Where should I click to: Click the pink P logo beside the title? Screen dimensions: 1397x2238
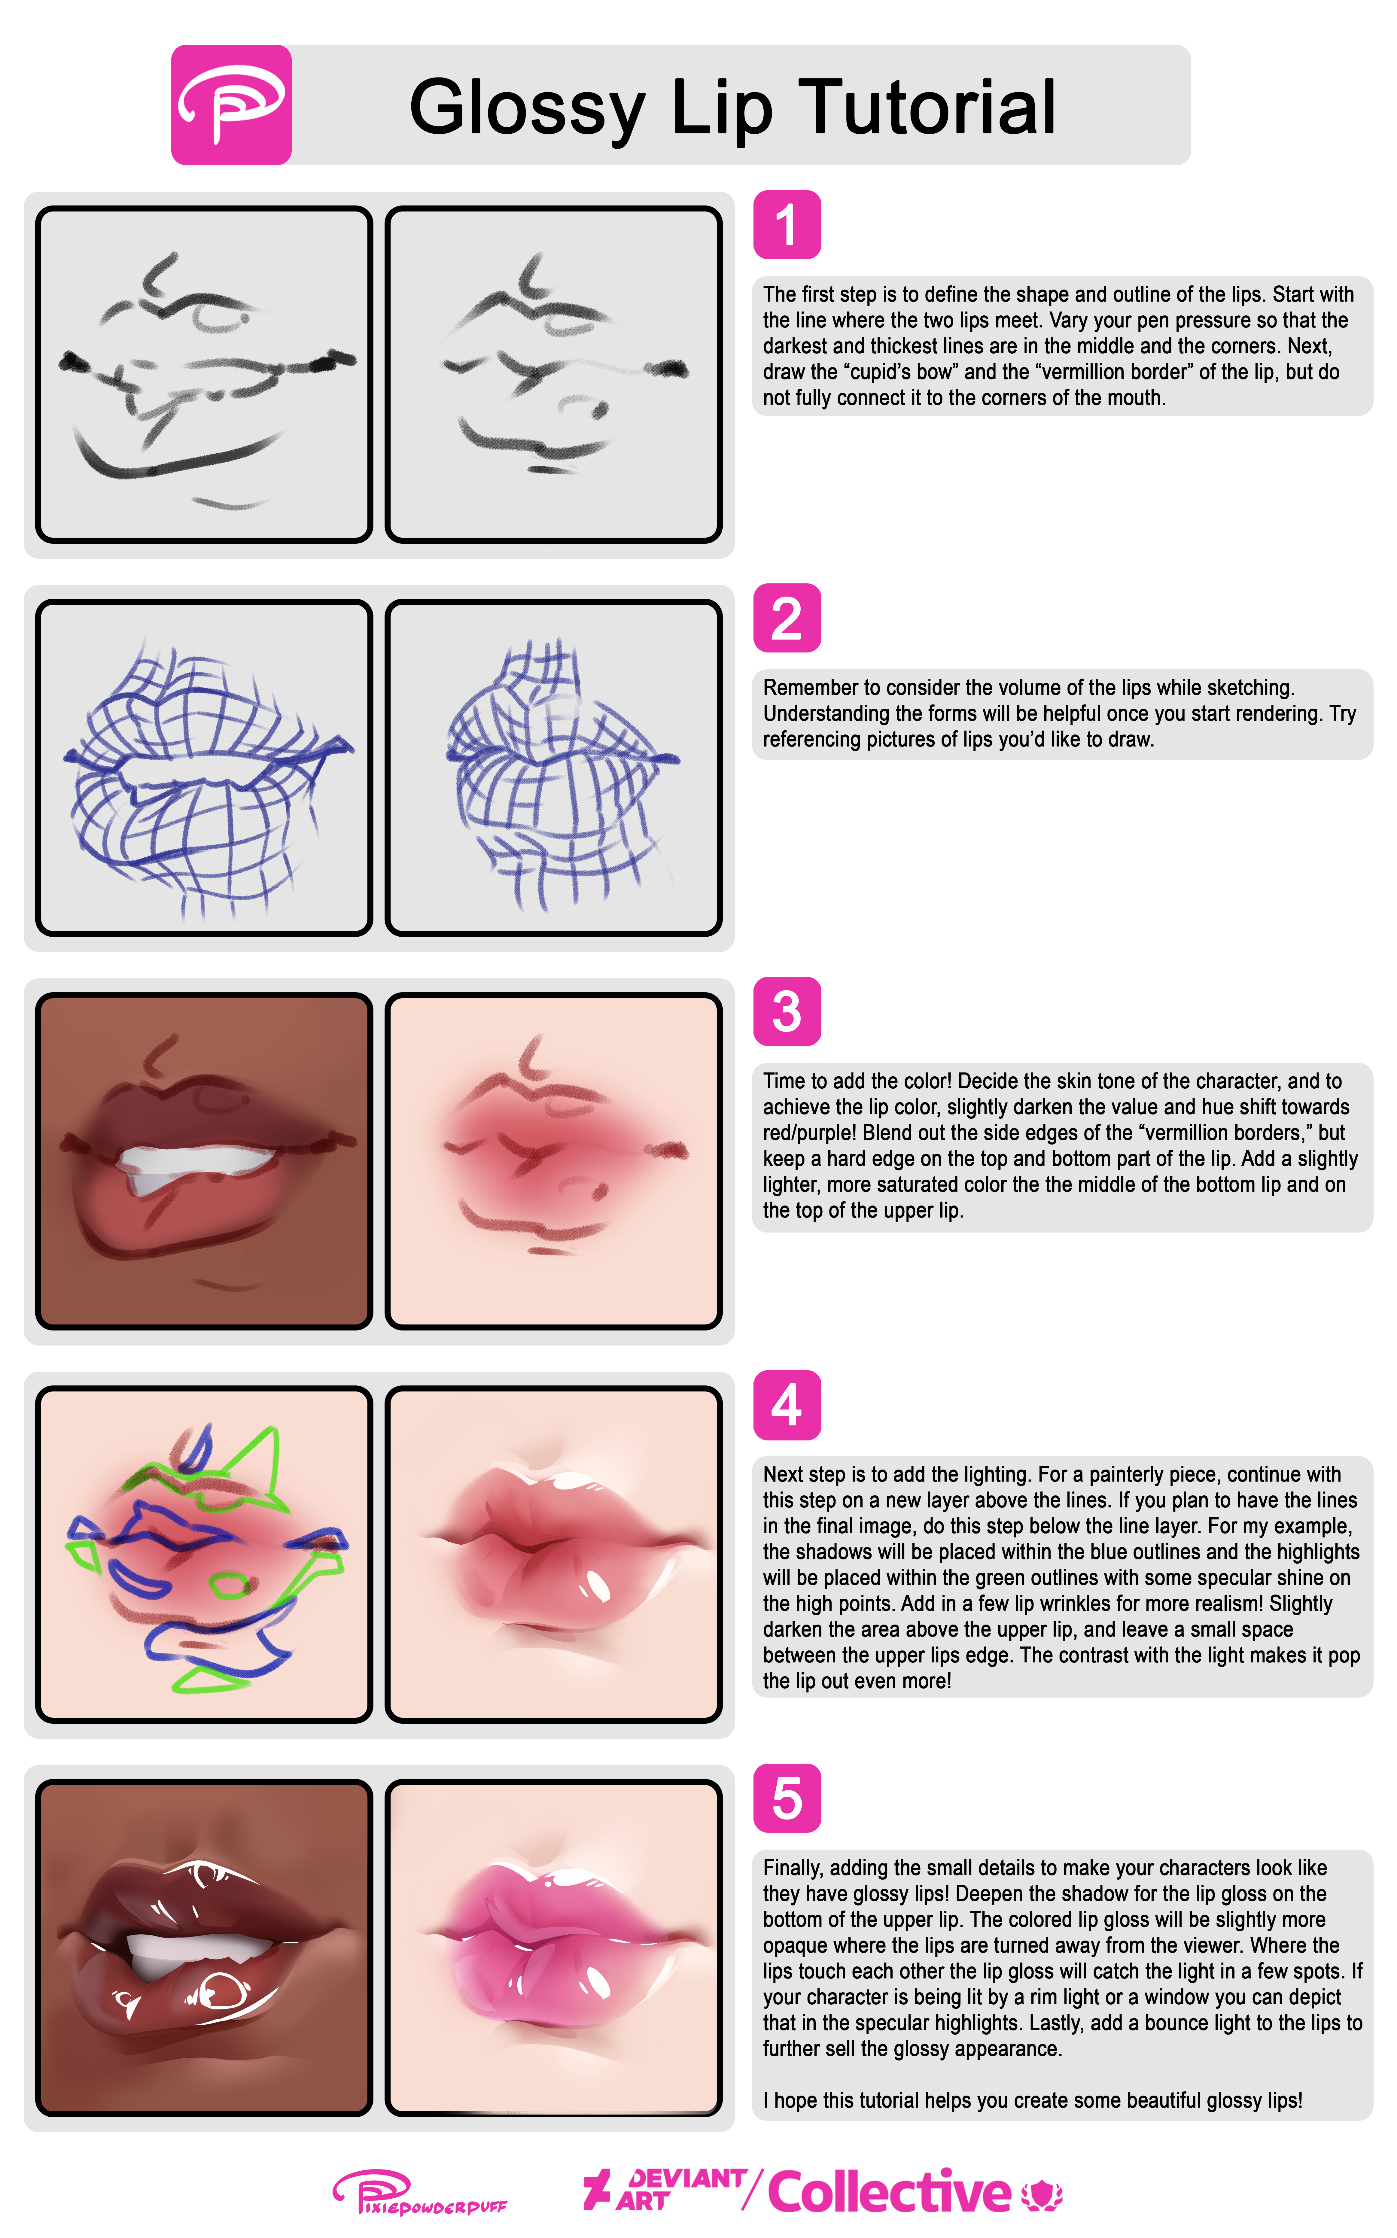coord(231,104)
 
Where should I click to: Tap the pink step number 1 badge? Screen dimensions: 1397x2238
coord(787,224)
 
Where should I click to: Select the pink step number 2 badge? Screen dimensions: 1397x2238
coord(787,618)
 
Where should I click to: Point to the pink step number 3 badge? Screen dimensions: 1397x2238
coord(787,1011)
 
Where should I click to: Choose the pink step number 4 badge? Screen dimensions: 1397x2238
coord(787,1405)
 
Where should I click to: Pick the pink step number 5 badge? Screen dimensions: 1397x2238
coord(787,1798)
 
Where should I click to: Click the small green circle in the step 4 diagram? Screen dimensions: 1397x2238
coord(229,1587)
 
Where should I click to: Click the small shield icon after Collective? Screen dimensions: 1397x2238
coord(1042,2196)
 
